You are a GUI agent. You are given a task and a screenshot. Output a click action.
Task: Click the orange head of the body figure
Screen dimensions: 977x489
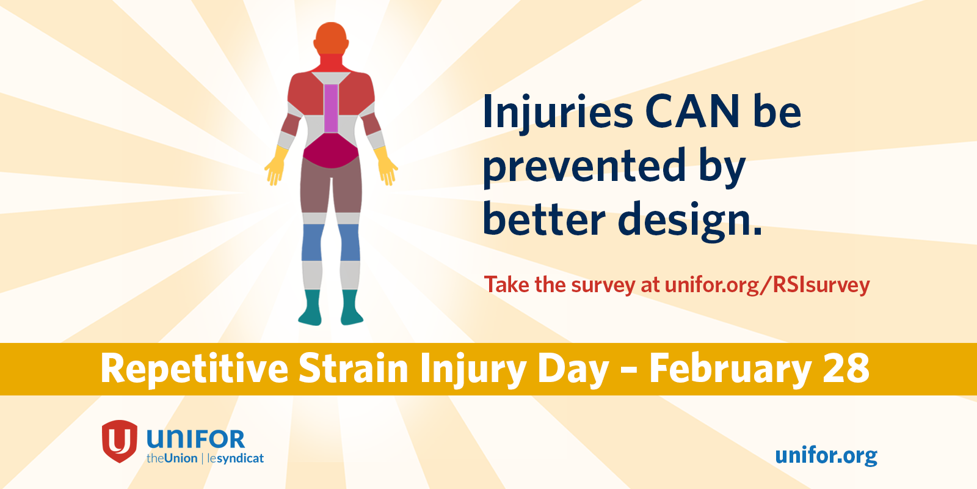click(x=331, y=39)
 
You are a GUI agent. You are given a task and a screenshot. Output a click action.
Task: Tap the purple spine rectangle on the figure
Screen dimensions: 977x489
click(x=331, y=108)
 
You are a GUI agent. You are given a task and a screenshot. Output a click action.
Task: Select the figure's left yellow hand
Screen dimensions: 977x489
click(x=276, y=166)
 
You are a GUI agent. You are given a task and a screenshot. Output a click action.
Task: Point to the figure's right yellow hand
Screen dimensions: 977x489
click(x=386, y=166)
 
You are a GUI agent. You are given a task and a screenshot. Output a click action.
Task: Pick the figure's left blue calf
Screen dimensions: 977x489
click(x=312, y=243)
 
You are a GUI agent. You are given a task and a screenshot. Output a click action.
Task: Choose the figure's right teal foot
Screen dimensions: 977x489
click(x=352, y=307)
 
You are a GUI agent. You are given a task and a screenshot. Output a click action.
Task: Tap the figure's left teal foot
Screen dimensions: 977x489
click(x=310, y=307)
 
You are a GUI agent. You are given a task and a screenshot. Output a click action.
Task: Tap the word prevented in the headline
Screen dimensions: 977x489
click(x=584, y=166)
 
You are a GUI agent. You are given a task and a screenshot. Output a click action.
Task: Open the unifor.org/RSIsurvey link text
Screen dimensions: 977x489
click(x=767, y=285)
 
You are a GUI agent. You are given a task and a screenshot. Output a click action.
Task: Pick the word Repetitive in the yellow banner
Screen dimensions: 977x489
click(x=195, y=370)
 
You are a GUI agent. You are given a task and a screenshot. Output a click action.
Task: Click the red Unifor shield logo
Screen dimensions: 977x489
click(x=120, y=441)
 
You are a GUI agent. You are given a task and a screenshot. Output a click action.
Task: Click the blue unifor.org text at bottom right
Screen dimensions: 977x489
click(x=826, y=456)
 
